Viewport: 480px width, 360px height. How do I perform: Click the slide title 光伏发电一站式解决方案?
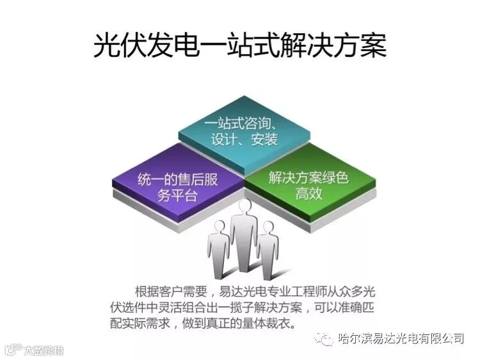pyautogui.click(x=240, y=47)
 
